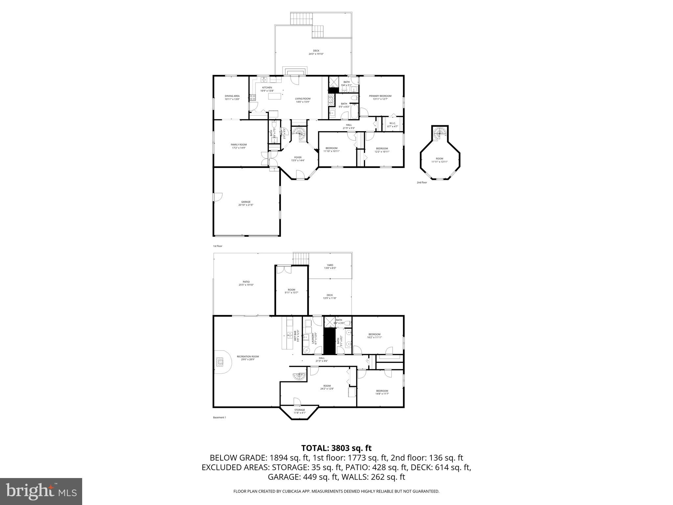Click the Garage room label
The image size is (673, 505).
click(x=246, y=203)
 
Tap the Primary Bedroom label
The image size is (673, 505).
click(x=380, y=97)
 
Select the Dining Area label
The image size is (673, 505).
click(x=232, y=97)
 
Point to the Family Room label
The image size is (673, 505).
click(x=239, y=146)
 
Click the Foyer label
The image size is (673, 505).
click(x=298, y=159)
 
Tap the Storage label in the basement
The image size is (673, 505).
click(x=299, y=411)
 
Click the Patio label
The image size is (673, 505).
click(x=246, y=283)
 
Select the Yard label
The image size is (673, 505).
click(x=330, y=266)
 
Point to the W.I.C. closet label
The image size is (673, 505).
click(x=392, y=125)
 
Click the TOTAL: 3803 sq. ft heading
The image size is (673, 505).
click(x=336, y=448)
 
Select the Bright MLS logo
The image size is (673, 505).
click(x=41, y=492)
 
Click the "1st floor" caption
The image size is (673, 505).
click(x=218, y=246)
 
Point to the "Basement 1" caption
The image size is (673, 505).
click(x=220, y=418)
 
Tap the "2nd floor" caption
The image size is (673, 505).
click(x=422, y=182)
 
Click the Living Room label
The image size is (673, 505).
click(x=302, y=100)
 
